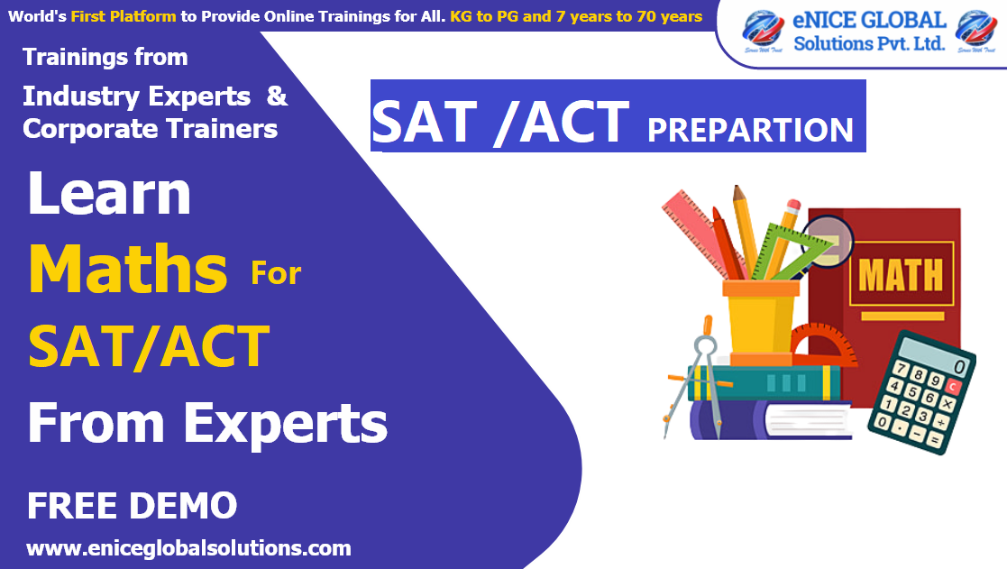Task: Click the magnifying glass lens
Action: coord(834,237)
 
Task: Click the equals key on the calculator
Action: coord(935,440)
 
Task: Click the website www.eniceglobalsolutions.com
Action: coord(188,547)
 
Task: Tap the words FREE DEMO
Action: coord(132,506)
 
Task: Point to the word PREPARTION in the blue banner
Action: coord(750,129)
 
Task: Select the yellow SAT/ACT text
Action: coord(149,345)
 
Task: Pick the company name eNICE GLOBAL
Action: coord(869,21)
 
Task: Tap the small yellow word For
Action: coord(276,271)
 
